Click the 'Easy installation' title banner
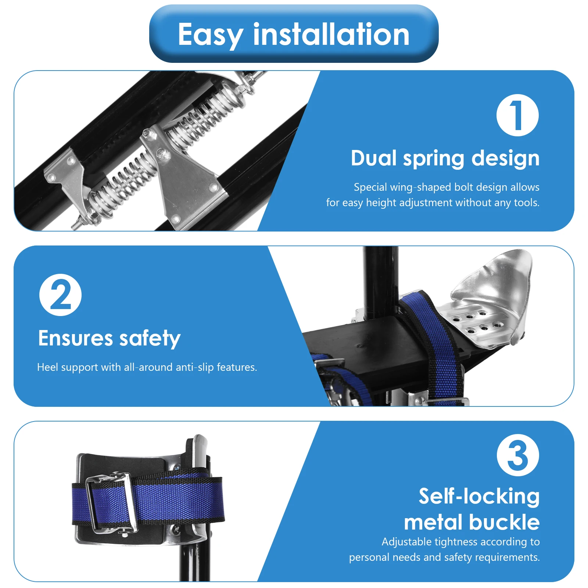click(294, 34)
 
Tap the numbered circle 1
click(517, 115)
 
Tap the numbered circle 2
click(60, 295)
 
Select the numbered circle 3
click(518, 455)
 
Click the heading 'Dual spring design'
click(445, 158)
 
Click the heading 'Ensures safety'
click(109, 338)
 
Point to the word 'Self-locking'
click(479, 496)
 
